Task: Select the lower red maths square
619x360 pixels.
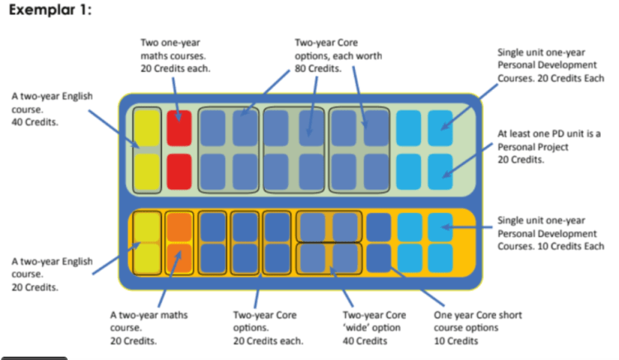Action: click(x=179, y=170)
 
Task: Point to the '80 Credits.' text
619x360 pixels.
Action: click(x=318, y=68)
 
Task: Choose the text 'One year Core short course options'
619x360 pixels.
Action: click(x=477, y=320)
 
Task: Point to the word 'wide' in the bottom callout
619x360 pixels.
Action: click(x=359, y=327)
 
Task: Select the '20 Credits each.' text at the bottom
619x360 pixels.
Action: click(x=268, y=340)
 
